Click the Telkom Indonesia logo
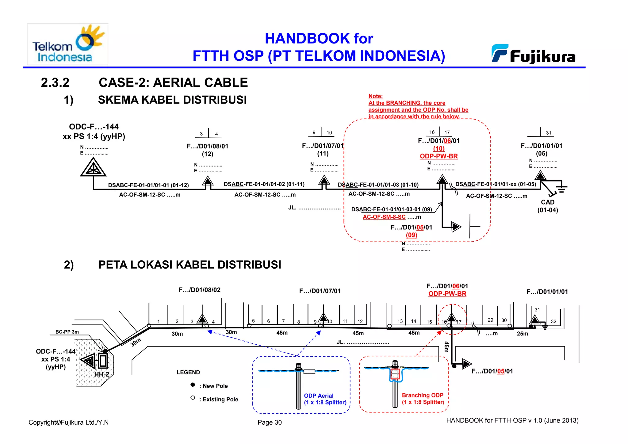(67, 44)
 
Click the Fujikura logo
(534, 55)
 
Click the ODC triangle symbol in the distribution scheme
(93, 168)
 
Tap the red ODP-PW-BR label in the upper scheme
(438, 156)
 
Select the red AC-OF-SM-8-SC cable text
(384, 217)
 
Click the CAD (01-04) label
(547, 206)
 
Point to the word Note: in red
(375, 96)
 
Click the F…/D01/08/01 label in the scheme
(207, 146)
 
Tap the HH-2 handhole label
(101, 374)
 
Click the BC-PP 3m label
(67, 332)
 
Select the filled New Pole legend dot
(193, 385)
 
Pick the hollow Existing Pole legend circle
(193, 398)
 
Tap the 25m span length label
(522, 334)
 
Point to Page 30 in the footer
(270, 422)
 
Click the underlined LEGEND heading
(188, 372)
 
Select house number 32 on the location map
(553, 321)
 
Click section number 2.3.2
(55, 83)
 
